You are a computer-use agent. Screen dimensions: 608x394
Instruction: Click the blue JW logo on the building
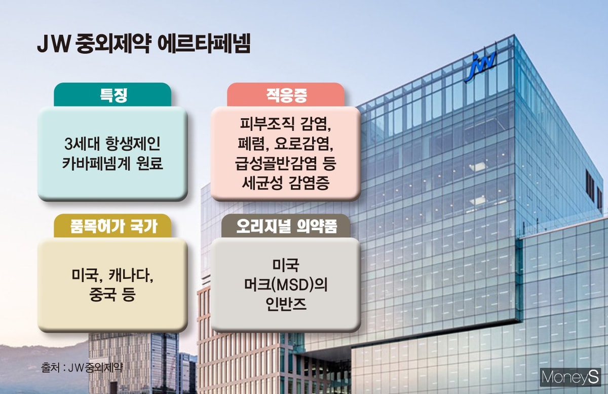[x=480, y=66]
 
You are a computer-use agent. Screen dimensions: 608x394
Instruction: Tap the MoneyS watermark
[x=570, y=377]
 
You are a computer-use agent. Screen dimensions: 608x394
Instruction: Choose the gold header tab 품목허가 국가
[x=112, y=226]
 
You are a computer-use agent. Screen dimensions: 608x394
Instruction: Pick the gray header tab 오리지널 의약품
[x=286, y=226]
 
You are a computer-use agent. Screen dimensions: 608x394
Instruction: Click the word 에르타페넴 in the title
[x=204, y=44]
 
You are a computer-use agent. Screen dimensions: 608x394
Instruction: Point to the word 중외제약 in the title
[x=112, y=44]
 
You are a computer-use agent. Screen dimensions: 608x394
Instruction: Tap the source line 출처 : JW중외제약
[x=82, y=368]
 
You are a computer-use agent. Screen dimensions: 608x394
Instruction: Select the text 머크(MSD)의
[x=286, y=284]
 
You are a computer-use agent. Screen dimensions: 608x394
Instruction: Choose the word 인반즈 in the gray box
[x=286, y=304]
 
